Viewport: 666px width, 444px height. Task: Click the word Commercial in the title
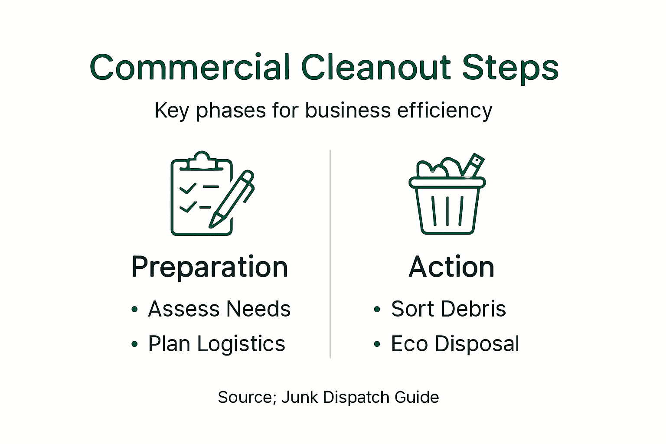tap(189, 68)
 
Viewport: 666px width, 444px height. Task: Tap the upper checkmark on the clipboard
tap(188, 188)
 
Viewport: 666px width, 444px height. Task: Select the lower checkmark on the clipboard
tap(188, 208)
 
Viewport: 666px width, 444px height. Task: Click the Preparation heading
tap(210, 267)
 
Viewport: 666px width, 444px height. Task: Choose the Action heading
tap(451, 267)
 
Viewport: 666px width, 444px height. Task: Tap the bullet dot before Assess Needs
tap(135, 310)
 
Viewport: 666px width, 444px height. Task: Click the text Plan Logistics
tap(216, 344)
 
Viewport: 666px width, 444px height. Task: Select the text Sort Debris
tap(448, 309)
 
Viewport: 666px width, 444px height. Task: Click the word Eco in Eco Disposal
tap(409, 344)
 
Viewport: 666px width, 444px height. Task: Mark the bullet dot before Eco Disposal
tap(377, 344)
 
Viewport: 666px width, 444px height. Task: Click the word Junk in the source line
tap(300, 397)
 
